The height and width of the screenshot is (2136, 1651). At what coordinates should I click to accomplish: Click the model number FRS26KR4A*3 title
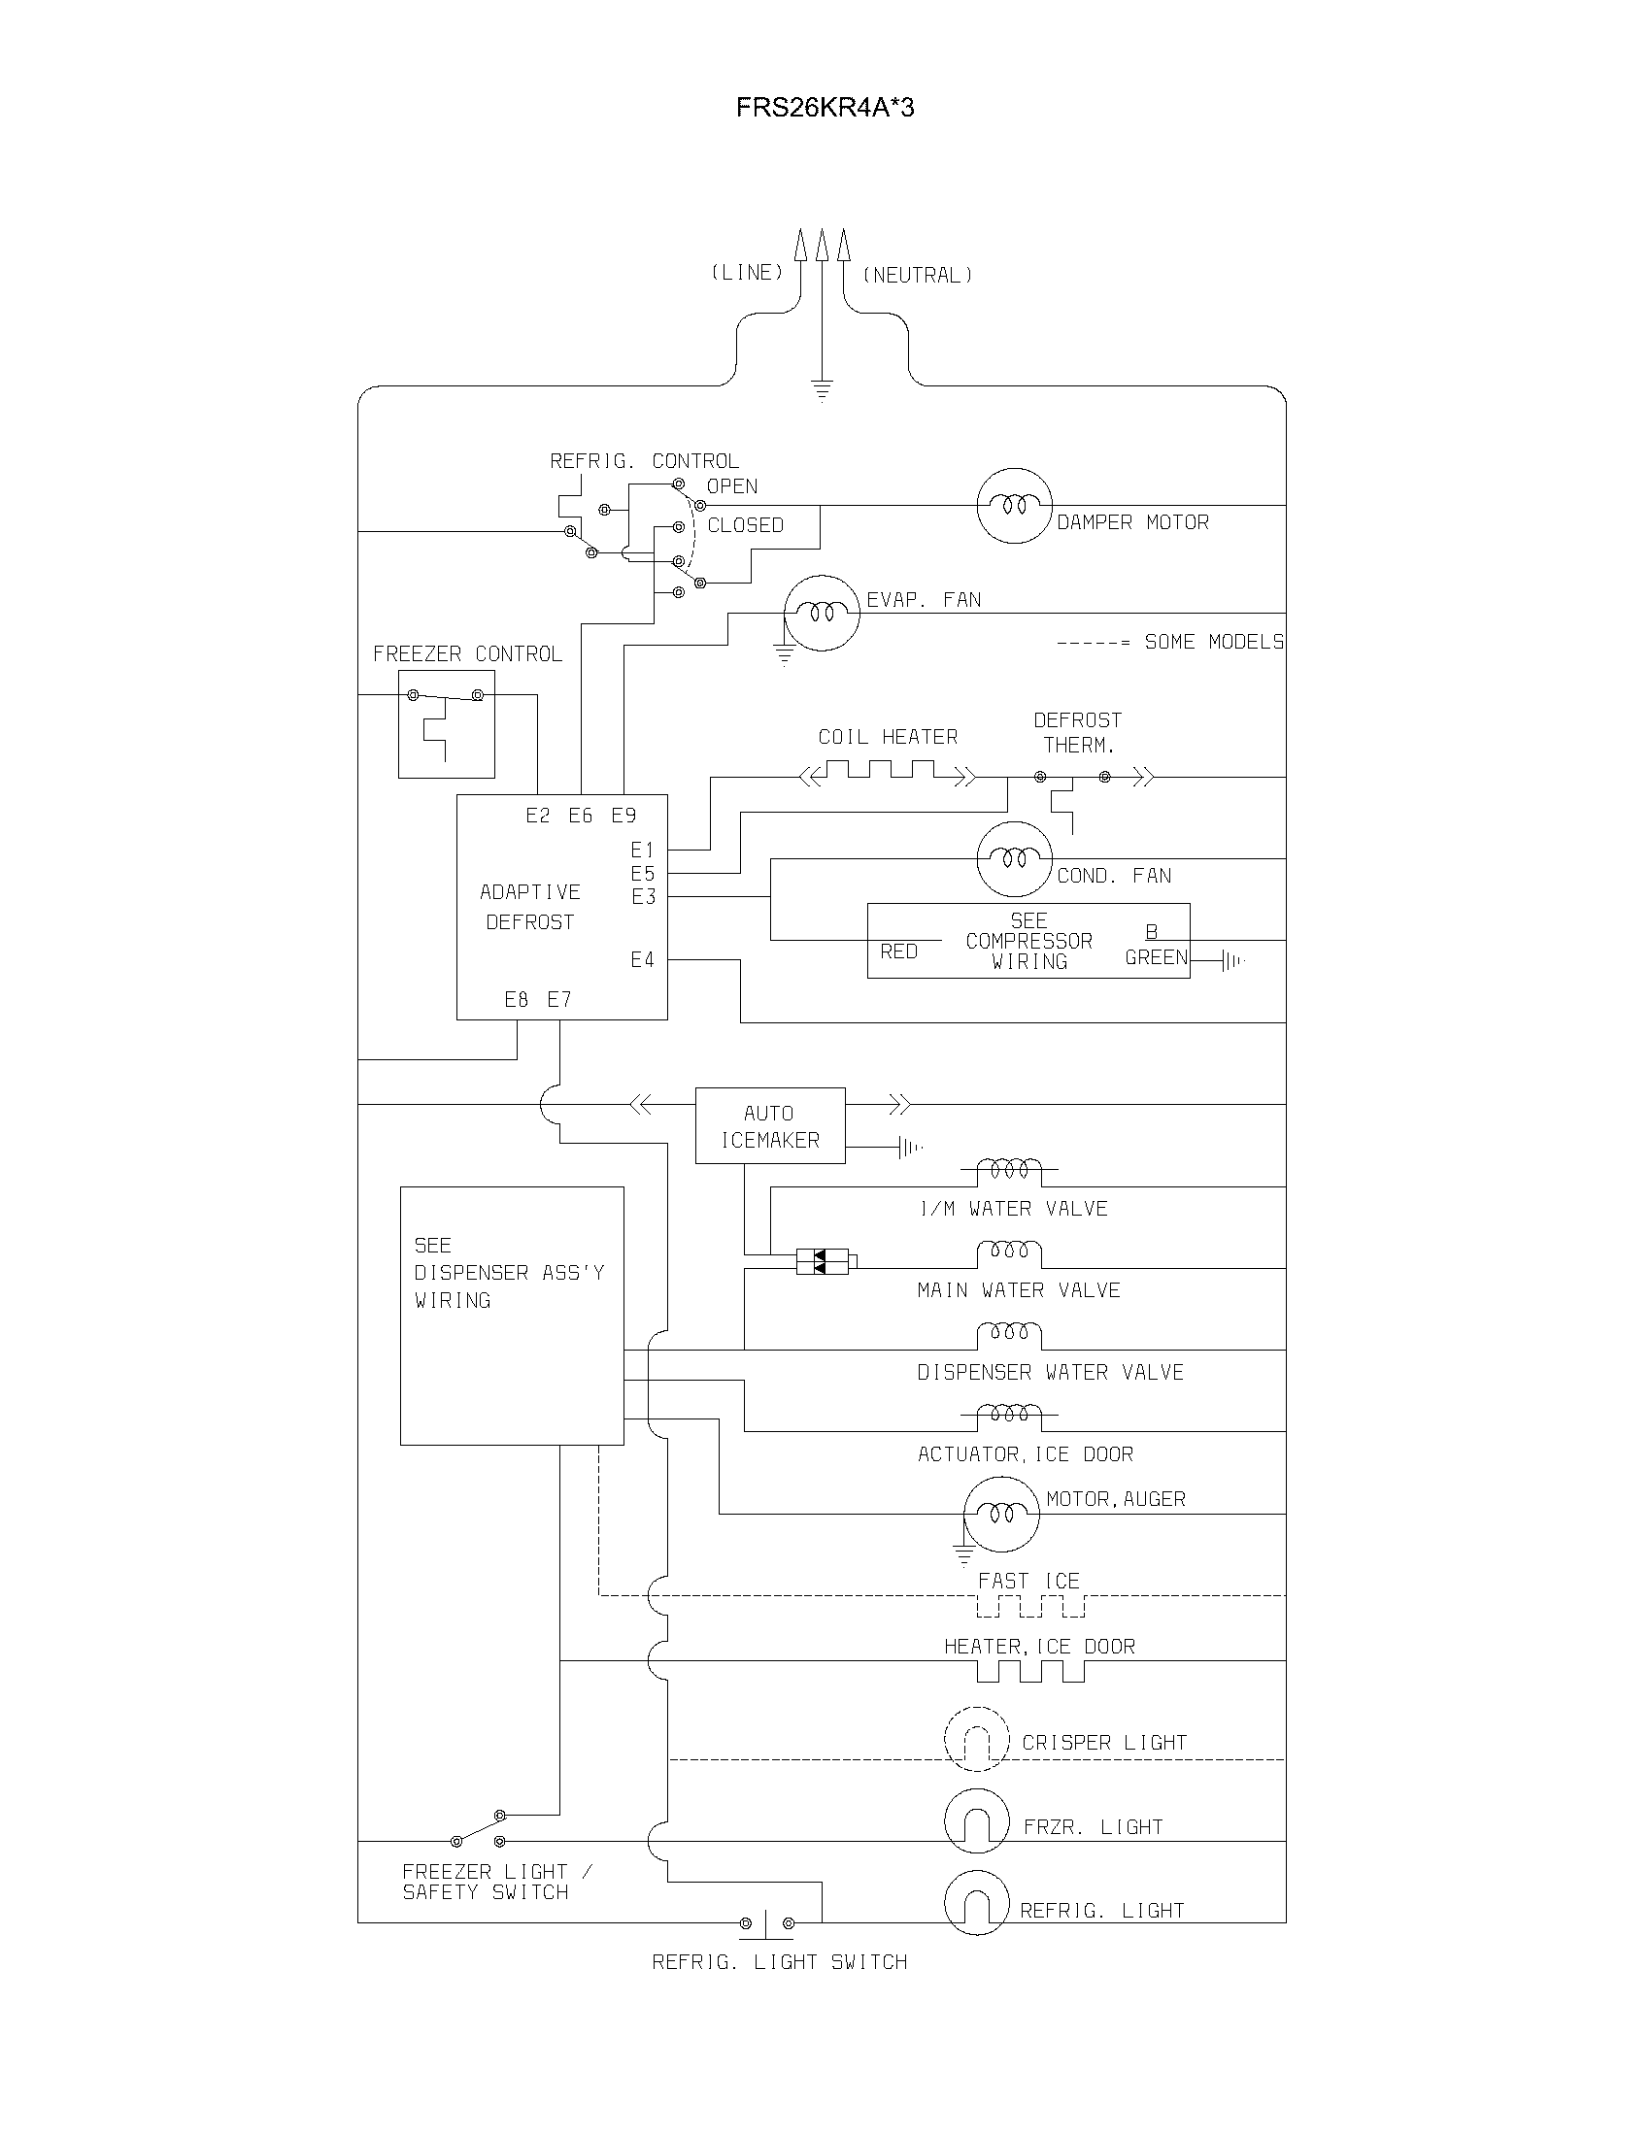(825, 108)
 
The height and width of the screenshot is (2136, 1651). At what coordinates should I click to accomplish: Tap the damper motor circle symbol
(1014, 506)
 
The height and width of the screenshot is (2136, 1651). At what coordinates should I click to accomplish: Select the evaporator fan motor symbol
(822, 614)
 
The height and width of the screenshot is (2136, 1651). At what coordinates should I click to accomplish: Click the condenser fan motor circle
(1014, 858)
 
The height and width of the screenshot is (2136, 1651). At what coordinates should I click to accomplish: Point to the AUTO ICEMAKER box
(770, 1125)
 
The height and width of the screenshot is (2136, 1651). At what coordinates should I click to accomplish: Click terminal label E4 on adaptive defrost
(642, 960)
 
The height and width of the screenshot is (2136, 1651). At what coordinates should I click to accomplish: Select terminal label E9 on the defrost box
(624, 816)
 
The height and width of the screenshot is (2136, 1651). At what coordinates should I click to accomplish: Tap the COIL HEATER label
(887, 738)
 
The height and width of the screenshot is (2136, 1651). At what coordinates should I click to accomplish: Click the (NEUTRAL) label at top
(917, 276)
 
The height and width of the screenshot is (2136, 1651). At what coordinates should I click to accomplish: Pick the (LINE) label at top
(747, 273)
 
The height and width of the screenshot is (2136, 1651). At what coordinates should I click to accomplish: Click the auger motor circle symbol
(1000, 1514)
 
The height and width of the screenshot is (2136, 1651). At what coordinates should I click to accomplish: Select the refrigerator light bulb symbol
(976, 1903)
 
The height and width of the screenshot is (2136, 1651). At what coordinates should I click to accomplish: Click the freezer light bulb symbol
(976, 1821)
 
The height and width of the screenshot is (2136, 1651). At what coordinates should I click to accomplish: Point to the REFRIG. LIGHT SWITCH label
(780, 1962)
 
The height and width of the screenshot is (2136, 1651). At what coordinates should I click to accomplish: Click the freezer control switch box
(446, 723)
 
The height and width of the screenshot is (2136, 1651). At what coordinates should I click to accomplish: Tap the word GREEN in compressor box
(1155, 957)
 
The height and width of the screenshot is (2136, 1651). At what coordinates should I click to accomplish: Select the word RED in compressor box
(898, 951)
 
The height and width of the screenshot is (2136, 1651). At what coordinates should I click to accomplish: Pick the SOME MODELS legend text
(1213, 643)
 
